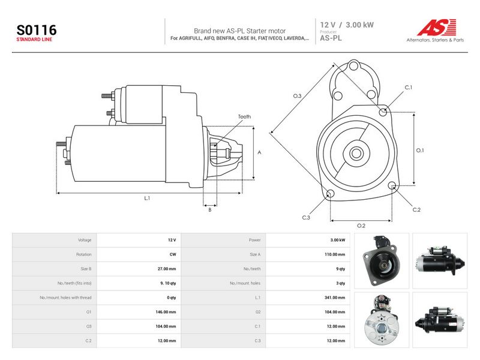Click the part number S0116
pos(37,30)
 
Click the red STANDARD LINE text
pos(34,40)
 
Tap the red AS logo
pos(436,27)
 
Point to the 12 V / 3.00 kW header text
pos(347,25)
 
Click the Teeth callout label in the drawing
pos(244,116)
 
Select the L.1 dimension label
pos(147,199)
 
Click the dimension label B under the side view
pos(209,210)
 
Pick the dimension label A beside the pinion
pos(259,152)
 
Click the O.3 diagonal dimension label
pos(297,96)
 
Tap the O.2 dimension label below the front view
pos(361,226)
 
